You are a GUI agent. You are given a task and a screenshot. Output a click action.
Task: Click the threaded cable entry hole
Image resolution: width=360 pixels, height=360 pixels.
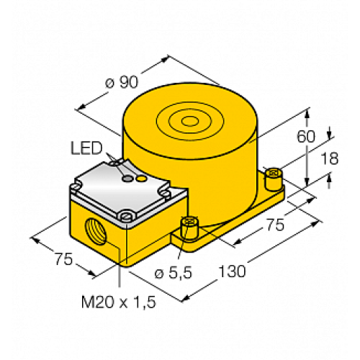(x=94, y=233)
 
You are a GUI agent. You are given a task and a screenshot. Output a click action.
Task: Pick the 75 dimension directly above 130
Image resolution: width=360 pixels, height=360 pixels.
(x=272, y=225)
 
